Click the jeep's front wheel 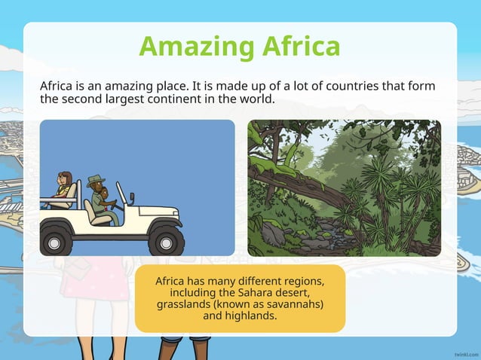point(165,240)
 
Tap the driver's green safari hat point(96,181)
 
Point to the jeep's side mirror point(133,197)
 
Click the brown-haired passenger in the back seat point(64,185)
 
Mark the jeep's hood point(155,212)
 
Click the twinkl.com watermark point(464,352)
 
